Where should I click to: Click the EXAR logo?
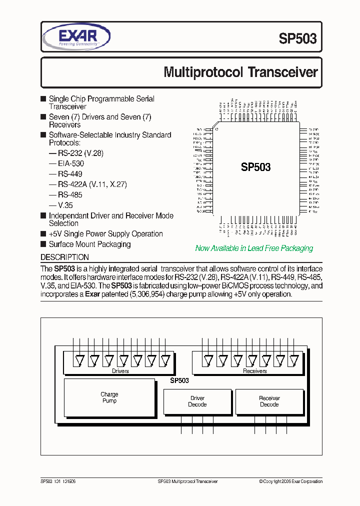click(x=76, y=37)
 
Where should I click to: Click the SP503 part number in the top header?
click(x=298, y=39)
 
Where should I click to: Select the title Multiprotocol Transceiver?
click(x=240, y=72)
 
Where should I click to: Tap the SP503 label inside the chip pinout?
click(x=255, y=167)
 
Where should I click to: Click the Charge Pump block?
click(x=109, y=397)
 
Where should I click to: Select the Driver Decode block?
click(x=197, y=401)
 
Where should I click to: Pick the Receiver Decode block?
click(x=269, y=401)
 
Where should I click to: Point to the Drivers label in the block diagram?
click(x=120, y=371)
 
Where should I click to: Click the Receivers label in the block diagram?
click(x=254, y=371)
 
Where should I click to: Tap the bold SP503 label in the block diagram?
click(x=179, y=380)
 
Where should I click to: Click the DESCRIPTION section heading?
click(x=64, y=257)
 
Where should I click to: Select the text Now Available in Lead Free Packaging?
click(x=254, y=248)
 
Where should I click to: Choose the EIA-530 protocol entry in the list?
click(x=70, y=163)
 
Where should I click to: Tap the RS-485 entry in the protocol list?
click(x=70, y=194)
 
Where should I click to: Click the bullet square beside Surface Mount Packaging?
click(x=43, y=244)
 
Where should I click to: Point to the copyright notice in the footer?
click(x=290, y=481)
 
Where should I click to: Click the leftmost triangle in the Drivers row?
click(x=78, y=359)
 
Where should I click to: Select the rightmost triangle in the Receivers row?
click(x=294, y=359)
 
